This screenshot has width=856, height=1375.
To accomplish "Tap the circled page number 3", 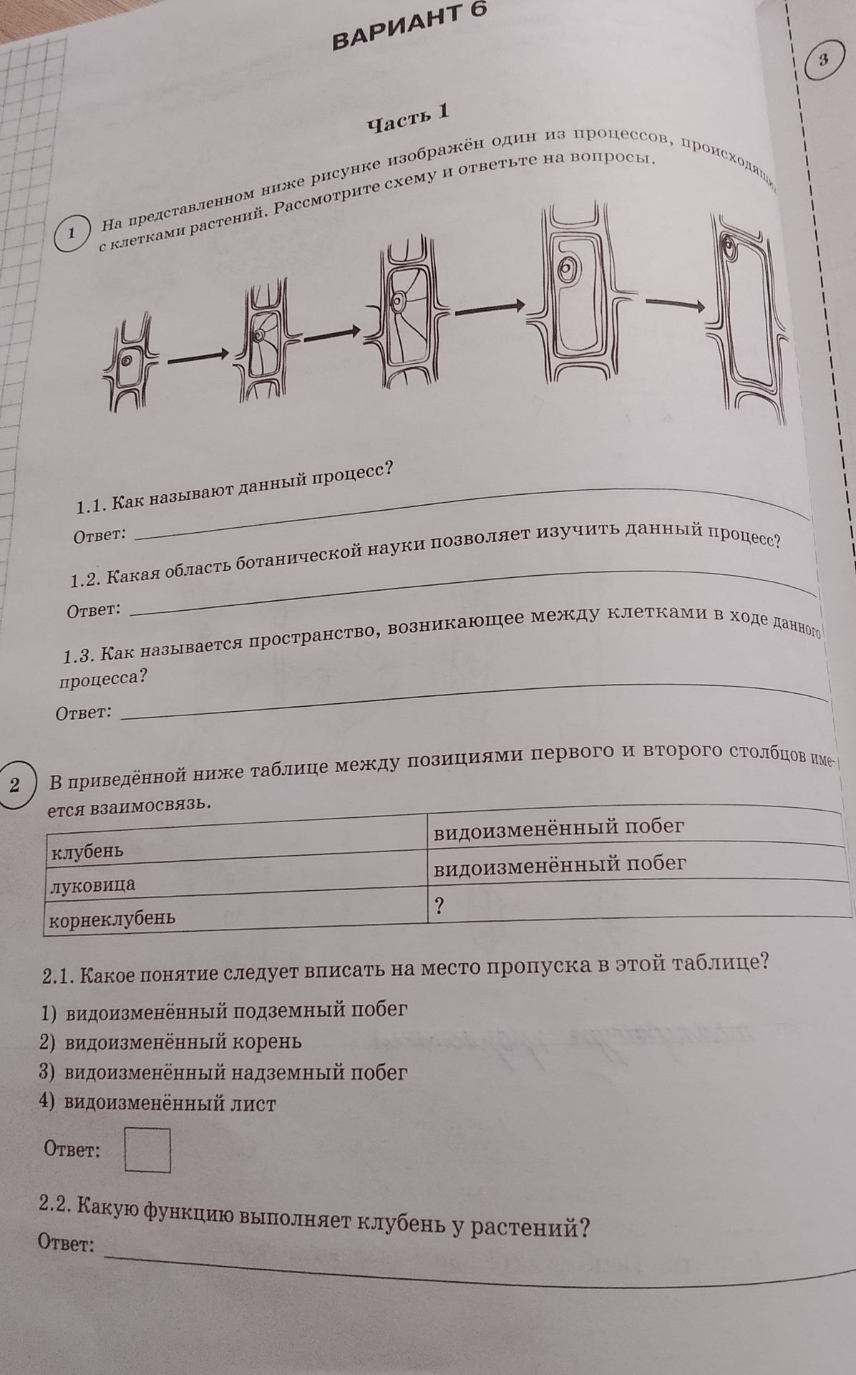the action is (824, 60).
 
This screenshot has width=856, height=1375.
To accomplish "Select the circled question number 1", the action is (72, 233).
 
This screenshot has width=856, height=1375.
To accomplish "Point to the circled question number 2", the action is (16, 784).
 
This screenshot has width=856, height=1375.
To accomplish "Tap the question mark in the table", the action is (439, 906).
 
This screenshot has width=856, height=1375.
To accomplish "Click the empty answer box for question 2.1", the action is (148, 1150).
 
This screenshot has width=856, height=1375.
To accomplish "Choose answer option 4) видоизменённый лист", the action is (158, 1103).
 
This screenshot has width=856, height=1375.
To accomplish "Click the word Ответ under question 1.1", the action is (99, 534).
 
